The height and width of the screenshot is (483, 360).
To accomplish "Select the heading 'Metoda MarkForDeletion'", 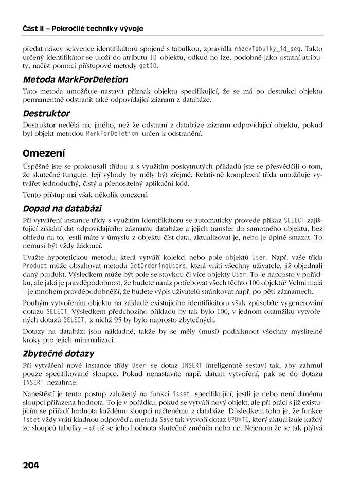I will point(75,80).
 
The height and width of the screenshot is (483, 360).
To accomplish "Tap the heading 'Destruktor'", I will point(46,113).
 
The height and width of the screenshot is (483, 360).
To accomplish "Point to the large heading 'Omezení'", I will point(44,154).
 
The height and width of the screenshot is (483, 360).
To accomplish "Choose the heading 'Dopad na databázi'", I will point(62,209).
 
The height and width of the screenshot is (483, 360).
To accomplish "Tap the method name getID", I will point(148,67).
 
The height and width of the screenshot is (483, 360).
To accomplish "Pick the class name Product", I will point(35,266).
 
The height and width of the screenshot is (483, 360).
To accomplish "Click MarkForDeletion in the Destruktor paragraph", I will point(112,134).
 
